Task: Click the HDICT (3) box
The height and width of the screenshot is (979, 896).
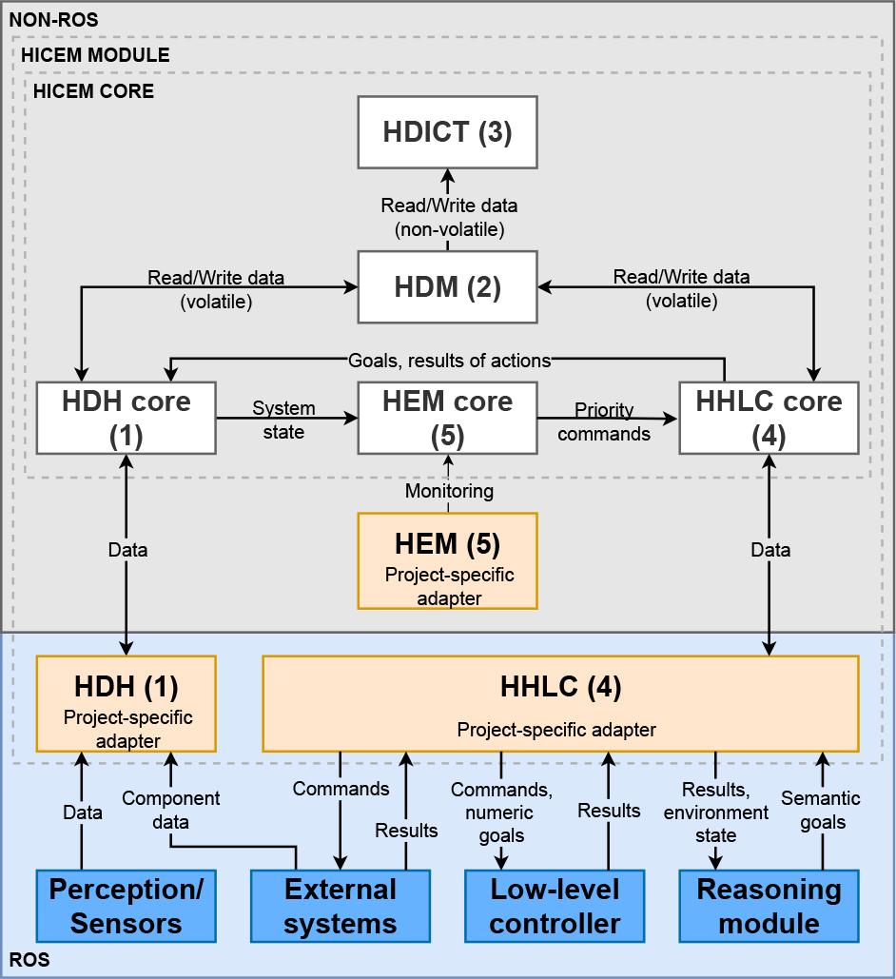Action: point(447,132)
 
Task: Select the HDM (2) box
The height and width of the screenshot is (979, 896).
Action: point(447,286)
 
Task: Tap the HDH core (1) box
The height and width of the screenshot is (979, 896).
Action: point(126,417)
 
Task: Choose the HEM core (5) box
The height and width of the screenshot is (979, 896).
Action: point(447,417)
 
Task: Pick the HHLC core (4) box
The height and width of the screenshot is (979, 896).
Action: point(769,417)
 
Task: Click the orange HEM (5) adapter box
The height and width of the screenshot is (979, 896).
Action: point(447,560)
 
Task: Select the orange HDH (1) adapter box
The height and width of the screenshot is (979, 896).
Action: point(127,702)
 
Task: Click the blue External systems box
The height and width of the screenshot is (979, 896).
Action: point(340,906)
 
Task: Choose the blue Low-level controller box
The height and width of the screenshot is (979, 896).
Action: point(555,906)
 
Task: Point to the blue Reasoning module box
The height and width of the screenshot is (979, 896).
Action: point(769,906)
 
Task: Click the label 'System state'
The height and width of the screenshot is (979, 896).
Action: point(283,420)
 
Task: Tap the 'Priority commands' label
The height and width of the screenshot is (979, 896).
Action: point(604,421)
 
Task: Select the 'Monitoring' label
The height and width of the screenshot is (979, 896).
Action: point(449,491)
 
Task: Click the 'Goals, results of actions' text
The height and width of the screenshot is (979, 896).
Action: point(449,361)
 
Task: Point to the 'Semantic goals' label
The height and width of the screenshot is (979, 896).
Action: point(822,810)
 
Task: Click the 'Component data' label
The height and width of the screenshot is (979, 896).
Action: point(171,810)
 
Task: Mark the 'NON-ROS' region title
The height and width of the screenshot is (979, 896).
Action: point(53,19)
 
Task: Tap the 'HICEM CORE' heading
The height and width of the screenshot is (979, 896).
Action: point(93,92)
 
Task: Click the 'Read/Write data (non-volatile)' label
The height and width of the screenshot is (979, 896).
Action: point(447,217)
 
